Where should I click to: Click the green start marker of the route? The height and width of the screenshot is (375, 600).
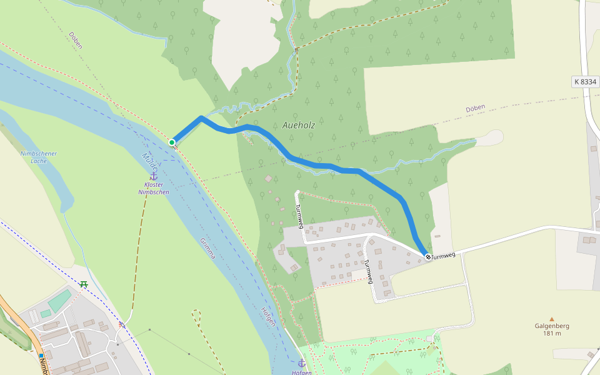(172, 142)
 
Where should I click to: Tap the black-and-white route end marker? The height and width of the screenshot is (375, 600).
(428, 257)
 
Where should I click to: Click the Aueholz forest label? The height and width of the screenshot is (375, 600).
(298, 125)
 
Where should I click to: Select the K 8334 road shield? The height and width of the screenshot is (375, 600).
(585, 82)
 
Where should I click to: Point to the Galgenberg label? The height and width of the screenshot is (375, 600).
(552, 326)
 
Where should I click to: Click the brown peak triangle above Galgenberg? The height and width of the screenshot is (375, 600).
(551, 319)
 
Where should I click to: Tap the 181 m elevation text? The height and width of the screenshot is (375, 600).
(552, 333)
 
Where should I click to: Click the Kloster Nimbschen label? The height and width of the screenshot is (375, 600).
(153, 188)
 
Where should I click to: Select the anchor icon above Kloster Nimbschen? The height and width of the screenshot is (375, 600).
(153, 176)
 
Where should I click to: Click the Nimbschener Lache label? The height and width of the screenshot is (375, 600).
(39, 157)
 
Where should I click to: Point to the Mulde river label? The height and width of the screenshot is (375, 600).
(150, 162)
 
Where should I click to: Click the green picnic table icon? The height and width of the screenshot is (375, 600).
(83, 284)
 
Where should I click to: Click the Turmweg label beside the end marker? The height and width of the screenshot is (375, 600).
(444, 256)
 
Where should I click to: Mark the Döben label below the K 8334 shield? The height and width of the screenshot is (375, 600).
(475, 109)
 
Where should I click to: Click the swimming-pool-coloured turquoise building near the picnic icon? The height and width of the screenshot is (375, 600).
(60, 300)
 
